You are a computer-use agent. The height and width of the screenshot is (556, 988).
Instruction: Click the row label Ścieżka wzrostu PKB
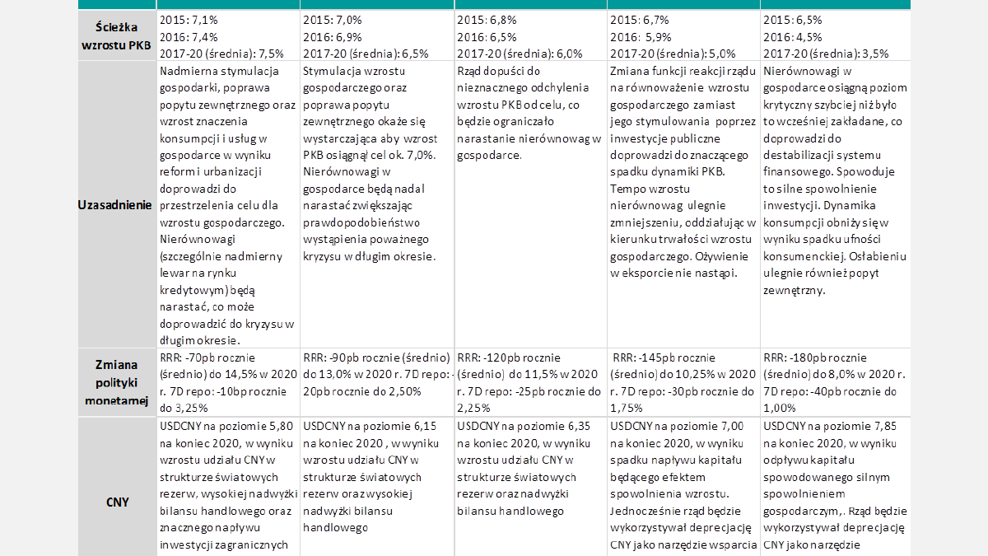(116, 35)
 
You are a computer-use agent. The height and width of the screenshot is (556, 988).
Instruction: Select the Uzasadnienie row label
(116, 204)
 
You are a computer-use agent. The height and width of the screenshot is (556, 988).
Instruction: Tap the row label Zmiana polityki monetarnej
(116, 382)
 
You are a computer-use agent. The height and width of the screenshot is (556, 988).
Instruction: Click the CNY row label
(117, 502)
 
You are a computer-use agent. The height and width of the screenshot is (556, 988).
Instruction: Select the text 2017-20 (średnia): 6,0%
(520, 54)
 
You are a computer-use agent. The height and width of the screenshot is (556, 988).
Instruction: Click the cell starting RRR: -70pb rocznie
(227, 382)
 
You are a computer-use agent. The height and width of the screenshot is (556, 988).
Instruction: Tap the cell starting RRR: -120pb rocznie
(528, 382)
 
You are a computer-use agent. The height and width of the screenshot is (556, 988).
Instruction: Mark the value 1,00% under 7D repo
(780, 407)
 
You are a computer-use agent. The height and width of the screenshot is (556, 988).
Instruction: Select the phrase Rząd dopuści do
(499, 71)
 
